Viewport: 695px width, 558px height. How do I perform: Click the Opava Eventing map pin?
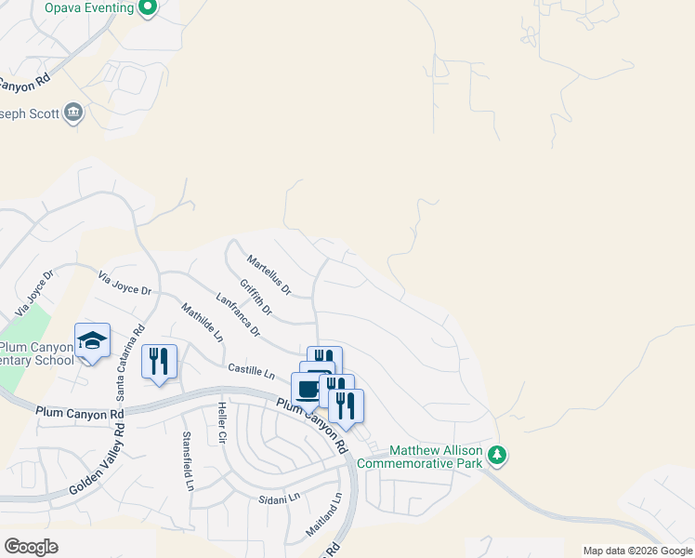[147, 8]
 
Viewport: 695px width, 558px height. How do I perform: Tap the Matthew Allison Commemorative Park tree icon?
[498, 456]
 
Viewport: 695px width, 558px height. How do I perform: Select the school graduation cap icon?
[93, 342]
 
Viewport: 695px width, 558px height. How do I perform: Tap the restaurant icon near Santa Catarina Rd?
[159, 361]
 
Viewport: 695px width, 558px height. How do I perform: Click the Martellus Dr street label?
[269, 276]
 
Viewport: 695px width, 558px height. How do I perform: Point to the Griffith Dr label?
[256, 297]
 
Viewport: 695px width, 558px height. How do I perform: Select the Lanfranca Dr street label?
[238, 315]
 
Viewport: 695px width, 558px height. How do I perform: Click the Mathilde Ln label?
[202, 323]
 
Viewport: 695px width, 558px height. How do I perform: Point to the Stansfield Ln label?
[188, 461]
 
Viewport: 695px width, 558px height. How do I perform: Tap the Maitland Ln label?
[324, 518]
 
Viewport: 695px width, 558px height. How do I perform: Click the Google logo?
[31, 547]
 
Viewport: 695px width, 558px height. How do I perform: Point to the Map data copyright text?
[637, 551]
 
